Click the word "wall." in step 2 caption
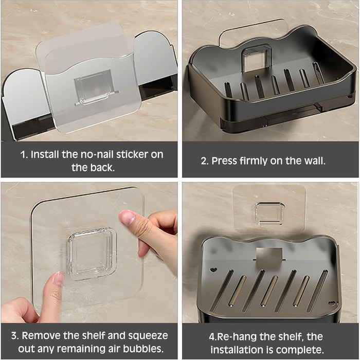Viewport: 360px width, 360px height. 315,160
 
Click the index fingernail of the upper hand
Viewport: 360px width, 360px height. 128,217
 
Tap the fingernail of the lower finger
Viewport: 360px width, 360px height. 59,278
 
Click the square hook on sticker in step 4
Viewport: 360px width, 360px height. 269,213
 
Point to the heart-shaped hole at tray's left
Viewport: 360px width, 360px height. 214,269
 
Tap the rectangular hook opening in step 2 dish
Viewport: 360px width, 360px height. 256,58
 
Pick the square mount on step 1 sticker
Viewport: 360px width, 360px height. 95,87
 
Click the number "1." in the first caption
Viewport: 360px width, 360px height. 24,154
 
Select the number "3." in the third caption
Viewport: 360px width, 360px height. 15,336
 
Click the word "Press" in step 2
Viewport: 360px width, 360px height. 224,160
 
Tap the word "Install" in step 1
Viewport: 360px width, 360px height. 45,154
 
